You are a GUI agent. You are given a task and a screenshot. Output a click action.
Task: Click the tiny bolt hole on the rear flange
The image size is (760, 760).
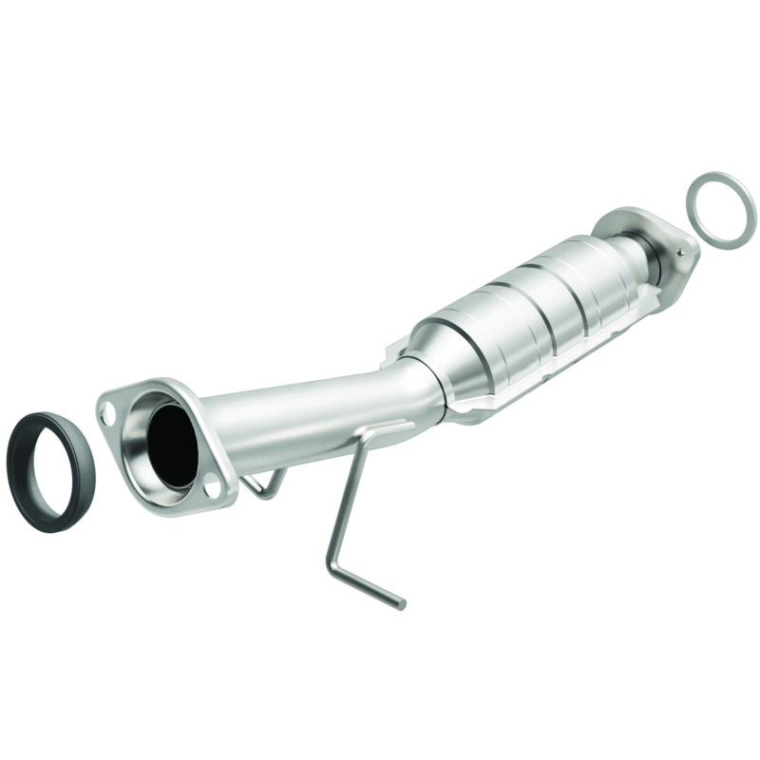pyautogui.click(x=680, y=253)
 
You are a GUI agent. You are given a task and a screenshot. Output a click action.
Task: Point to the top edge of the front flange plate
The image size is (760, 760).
pyautogui.click(x=142, y=386)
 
